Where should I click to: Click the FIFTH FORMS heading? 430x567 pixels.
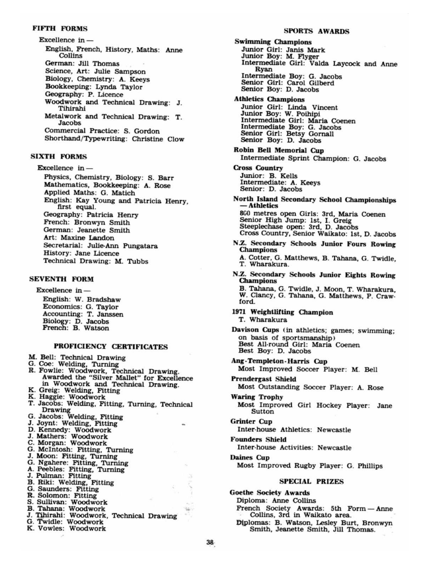tap(60, 29)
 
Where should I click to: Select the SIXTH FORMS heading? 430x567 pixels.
tap(59, 157)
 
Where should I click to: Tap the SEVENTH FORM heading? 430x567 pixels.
tap(62, 279)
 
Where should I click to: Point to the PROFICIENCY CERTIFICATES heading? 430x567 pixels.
tap(110, 347)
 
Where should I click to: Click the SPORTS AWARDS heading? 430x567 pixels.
tap(316, 31)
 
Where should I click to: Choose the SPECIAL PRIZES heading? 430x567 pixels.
tap(311, 481)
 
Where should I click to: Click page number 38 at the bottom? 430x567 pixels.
tap(210, 542)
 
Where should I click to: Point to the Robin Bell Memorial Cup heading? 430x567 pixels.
tap(279, 150)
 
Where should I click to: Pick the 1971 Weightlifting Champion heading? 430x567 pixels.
tap(282, 312)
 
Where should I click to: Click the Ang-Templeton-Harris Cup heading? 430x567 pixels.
tap(279, 361)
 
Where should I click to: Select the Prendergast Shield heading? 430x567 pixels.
tap(263, 379)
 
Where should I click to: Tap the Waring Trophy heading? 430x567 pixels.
tap(257, 397)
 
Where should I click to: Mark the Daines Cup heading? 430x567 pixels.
tap(250, 457)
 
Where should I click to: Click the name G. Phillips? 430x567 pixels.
tap(364, 466)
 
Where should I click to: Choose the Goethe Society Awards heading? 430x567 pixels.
tap(269, 493)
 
